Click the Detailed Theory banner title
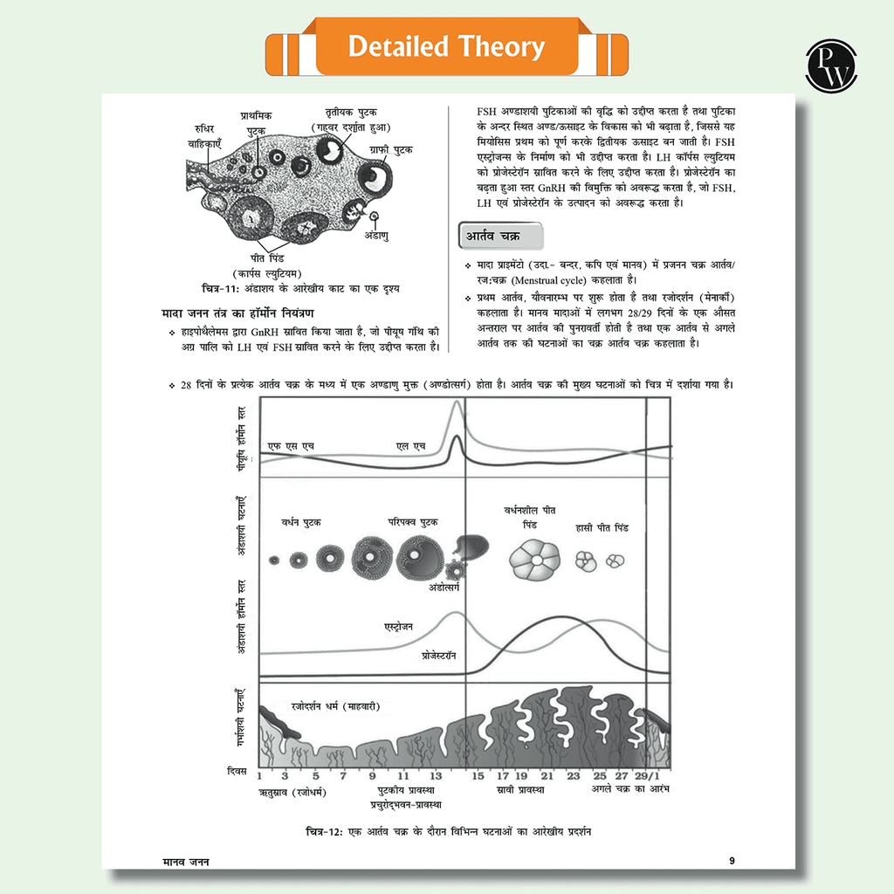pyautogui.click(x=446, y=46)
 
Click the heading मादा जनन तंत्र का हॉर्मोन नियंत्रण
pyautogui.click(x=237, y=313)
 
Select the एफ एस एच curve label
pyautogui.click(x=291, y=447)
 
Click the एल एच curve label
pyautogui.click(x=410, y=447)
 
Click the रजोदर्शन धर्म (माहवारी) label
pyautogui.click(x=335, y=705)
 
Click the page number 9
pyautogui.click(x=732, y=861)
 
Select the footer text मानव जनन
pyautogui.click(x=185, y=861)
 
